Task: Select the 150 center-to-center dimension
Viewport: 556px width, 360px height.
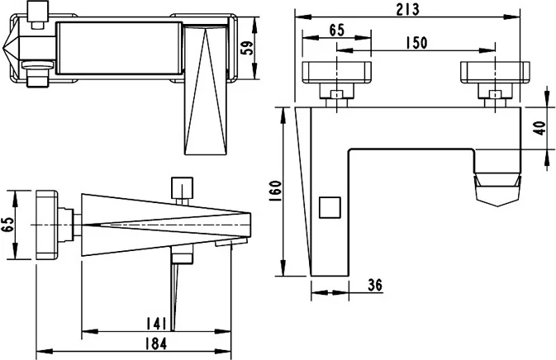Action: point(416,43)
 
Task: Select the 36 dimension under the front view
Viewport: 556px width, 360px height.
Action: point(374,285)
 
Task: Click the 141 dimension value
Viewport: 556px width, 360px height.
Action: point(160,323)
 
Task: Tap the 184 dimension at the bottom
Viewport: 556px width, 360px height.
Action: point(157,343)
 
